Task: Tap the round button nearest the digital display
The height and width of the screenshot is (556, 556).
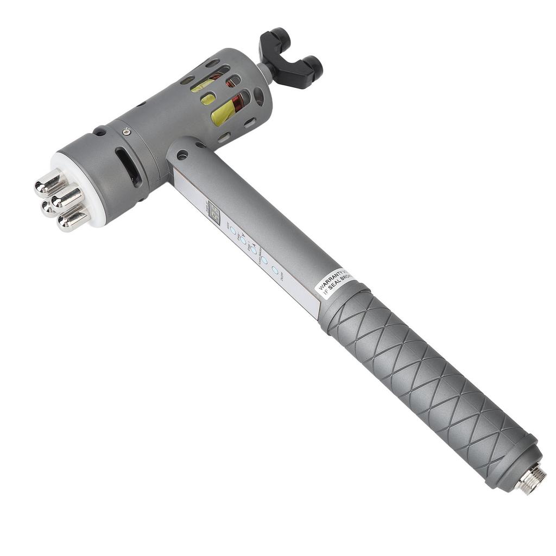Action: tap(232, 230)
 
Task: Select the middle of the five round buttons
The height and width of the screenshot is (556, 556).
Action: tap(253, 250)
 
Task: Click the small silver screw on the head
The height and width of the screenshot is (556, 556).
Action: tap(127, 131)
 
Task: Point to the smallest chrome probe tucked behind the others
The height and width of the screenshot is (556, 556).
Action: tap(47, 207)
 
